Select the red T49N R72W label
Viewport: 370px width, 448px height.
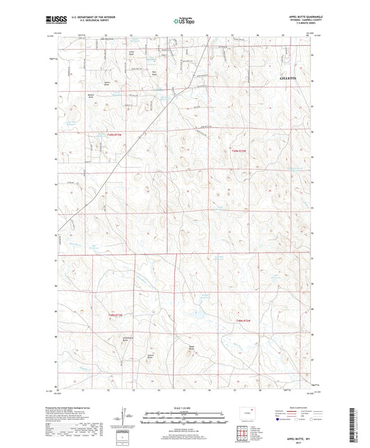(x=239, y=152)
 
